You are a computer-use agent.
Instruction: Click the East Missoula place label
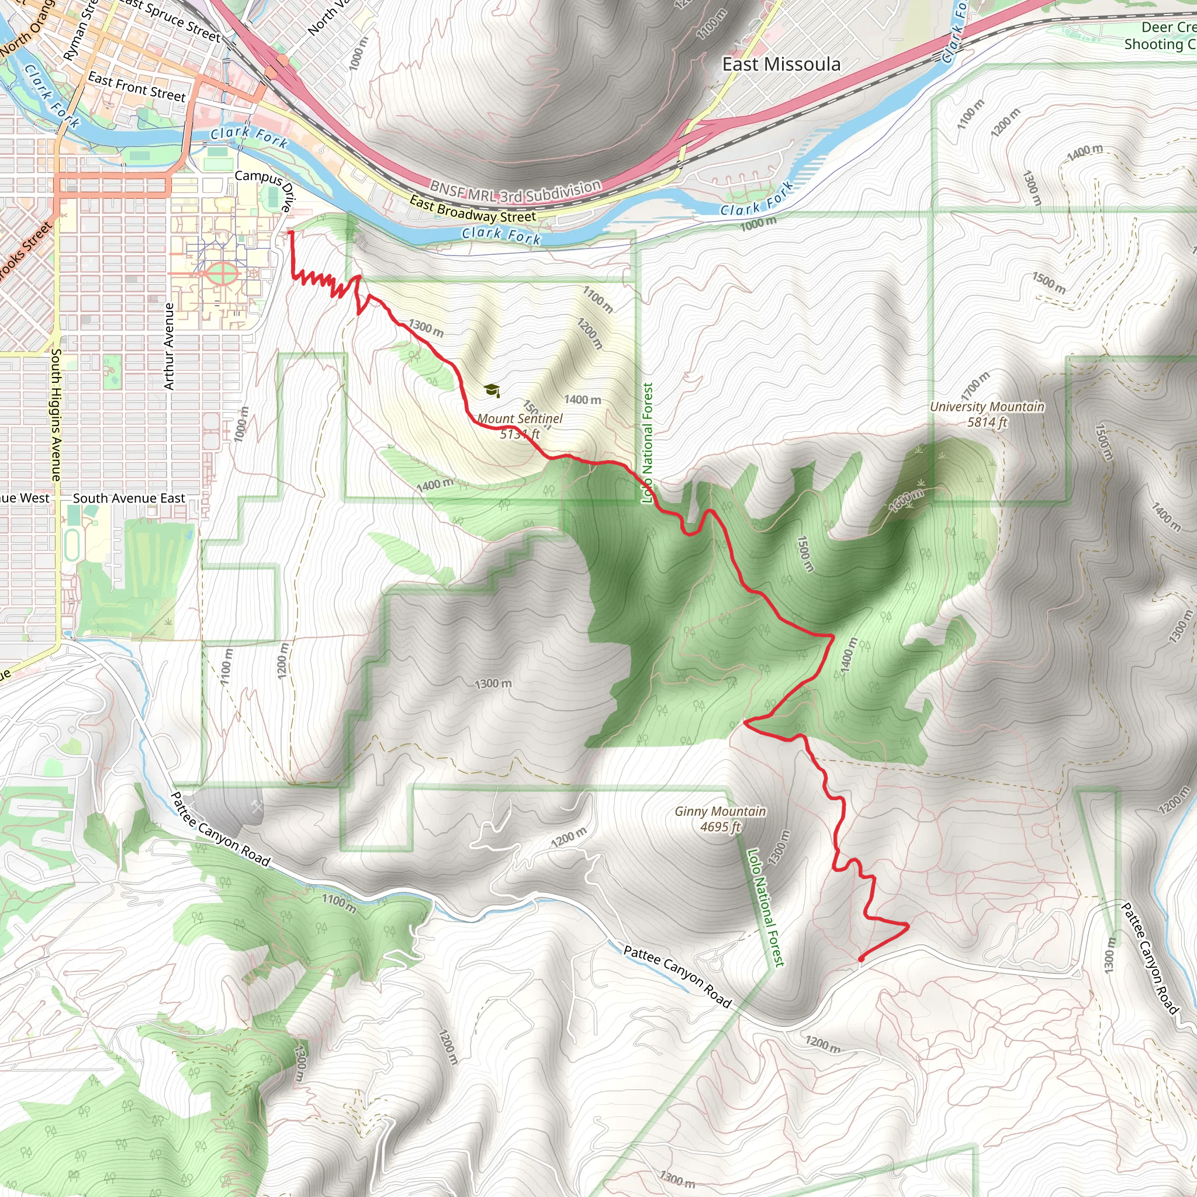[x=781, y=64]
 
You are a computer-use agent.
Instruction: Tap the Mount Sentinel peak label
[x=520, y=426]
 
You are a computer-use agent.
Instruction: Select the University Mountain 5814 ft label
[x=987, y=414]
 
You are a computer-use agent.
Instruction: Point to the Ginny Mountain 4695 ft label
[x=720, y=818]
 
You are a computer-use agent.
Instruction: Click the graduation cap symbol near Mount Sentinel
[x=492, y=390]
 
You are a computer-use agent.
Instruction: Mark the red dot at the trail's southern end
[x=861, y=959]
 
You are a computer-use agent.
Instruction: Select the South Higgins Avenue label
[x=56, y=414]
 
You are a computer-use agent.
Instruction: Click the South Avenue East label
[x=129, y=498]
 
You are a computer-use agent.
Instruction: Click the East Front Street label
[x=136, y=86]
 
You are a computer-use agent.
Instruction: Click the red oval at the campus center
[x=220, y=273]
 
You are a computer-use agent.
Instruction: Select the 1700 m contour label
[x=975, y=386]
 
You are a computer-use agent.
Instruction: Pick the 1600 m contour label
[x=907, y=500]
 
